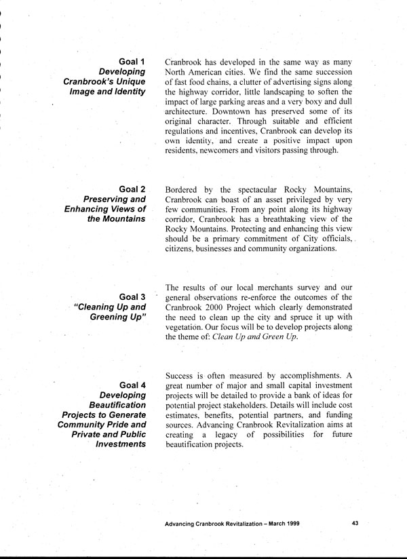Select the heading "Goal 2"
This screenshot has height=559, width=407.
tap(132, 188)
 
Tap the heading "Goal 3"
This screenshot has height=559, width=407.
tap(132, 296)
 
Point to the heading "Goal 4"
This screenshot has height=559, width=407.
tap(132, 386)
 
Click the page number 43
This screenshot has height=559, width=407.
tap(357, 523)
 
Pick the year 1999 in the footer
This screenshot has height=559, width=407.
tap(290, 524)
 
